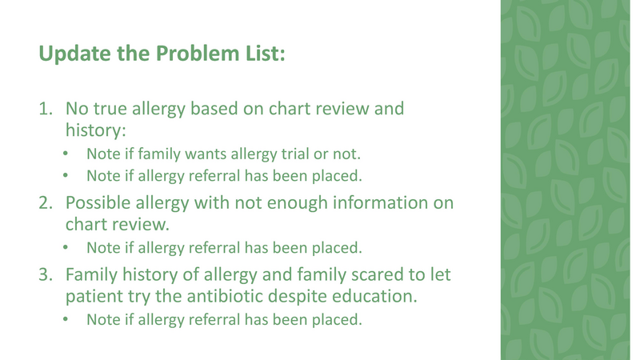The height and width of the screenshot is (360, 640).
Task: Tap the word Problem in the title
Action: [191, 54]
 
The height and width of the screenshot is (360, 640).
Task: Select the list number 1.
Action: [46, 107]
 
